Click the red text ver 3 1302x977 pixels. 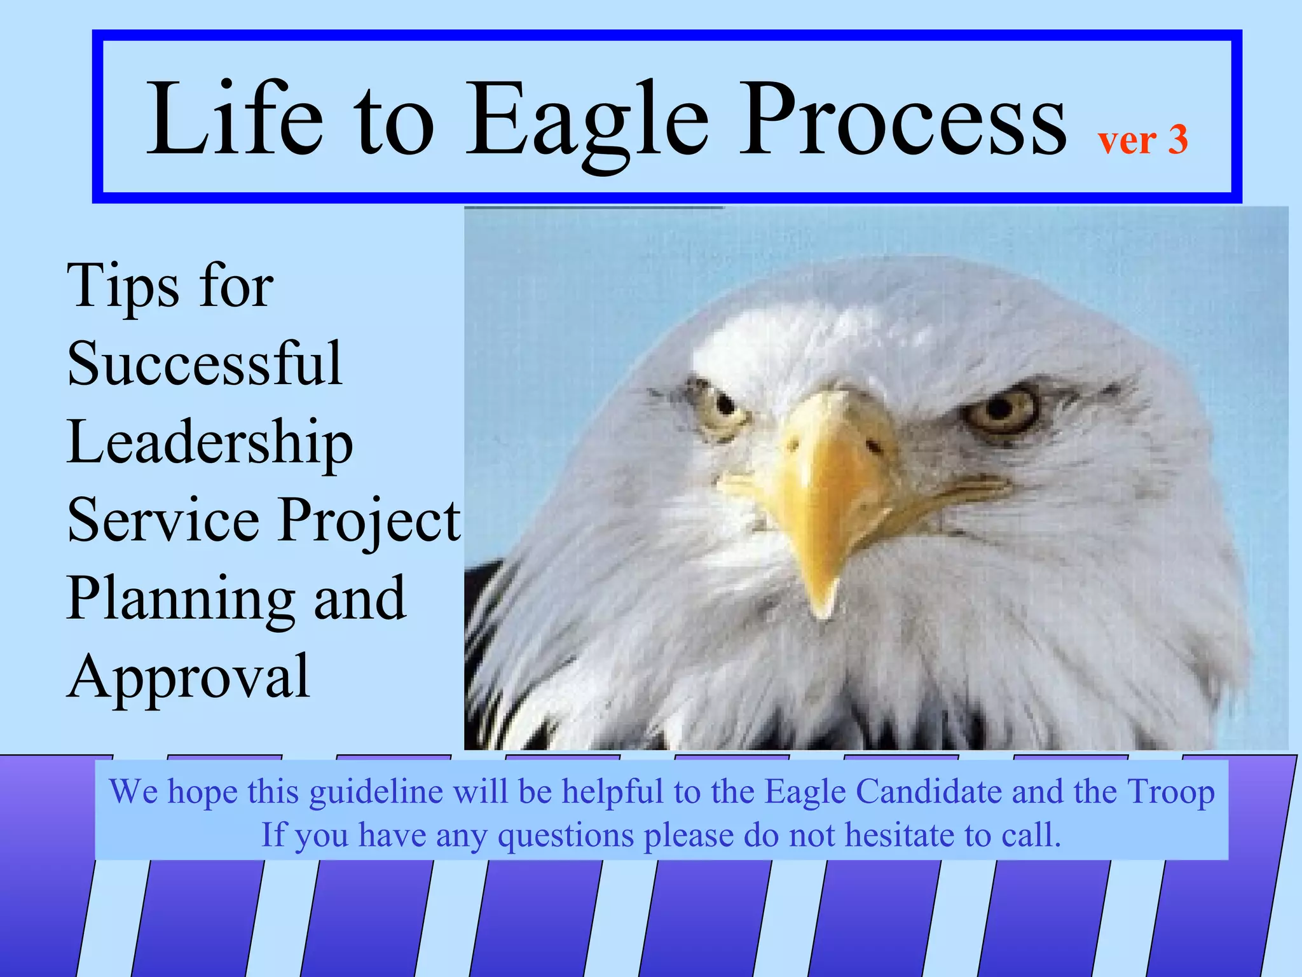pyautogui.click(x=1142, y=139)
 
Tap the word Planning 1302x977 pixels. pyautogui.click(x=181, y=599)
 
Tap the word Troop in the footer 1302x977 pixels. pyautogui.click(x=1170, y=793)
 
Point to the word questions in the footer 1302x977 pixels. pyautogui.click(x=565, y=835)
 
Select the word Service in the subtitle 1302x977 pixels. pyautogui.click(x=163, y=520)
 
